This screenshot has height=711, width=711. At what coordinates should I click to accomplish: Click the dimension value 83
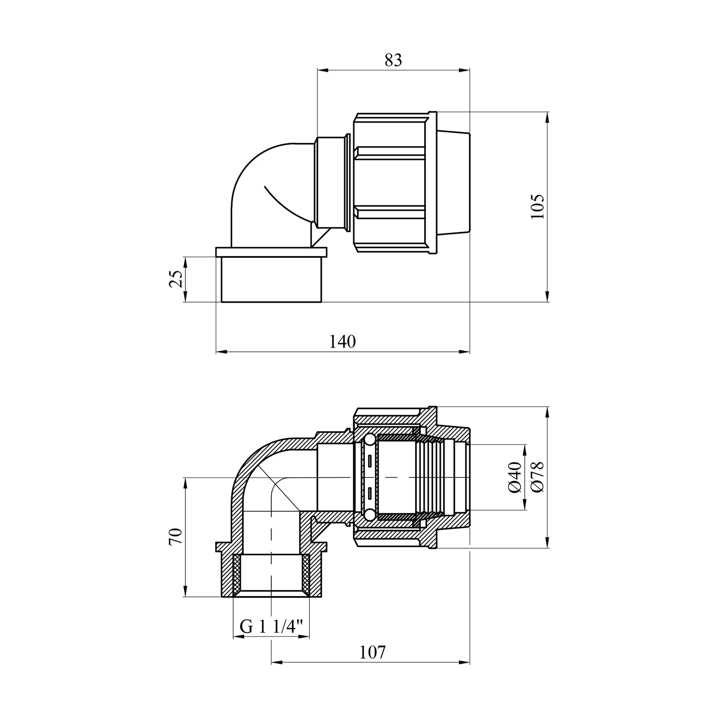[x=393, y=61]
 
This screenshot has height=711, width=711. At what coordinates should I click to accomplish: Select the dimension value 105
[x=538, y=206]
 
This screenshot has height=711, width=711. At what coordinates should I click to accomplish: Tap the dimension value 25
[x=176, y=279]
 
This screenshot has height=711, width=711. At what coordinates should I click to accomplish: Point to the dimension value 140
[x=342, y=342]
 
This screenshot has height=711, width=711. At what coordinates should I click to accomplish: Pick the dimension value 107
[x=373, y=653]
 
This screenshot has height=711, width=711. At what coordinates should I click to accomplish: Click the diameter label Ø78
[x=538, y=477]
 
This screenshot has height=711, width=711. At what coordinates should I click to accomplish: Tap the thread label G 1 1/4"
[x=271, y=627]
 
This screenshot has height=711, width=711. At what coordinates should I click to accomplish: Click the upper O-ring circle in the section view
[x=369, y=441]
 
